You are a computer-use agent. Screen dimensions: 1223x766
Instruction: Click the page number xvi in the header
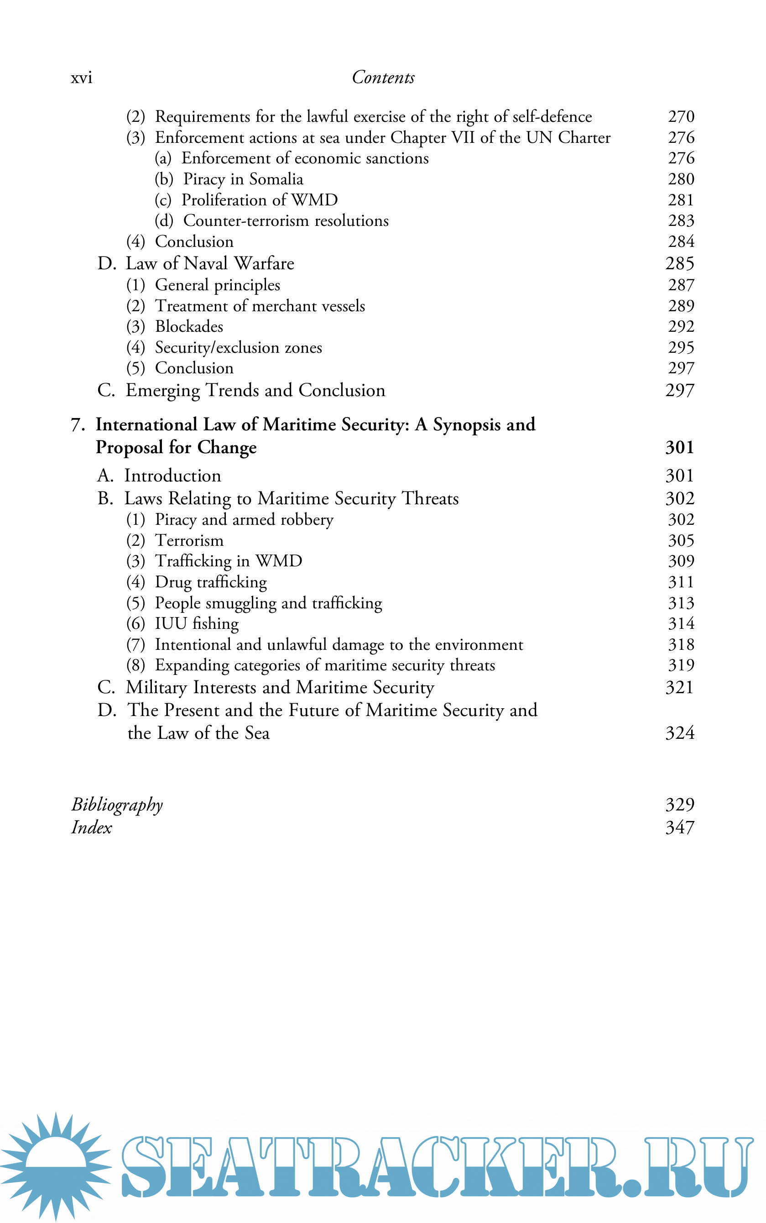tap(81, 78)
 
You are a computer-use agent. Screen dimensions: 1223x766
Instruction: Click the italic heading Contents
tap(383, 78)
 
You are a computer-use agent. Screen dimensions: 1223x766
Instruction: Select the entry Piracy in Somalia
tap(243, 179)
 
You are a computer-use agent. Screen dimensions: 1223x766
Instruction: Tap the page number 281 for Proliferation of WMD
tap(680, 200)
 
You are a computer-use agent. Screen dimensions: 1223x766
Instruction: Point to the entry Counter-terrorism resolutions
tap(286, 221)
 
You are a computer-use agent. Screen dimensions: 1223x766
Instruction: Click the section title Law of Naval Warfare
tap(210, 263)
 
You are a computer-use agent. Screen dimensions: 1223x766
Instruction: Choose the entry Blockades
tap(189, 327)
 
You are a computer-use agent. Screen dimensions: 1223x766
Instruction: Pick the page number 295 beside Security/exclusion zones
tap(680, 348)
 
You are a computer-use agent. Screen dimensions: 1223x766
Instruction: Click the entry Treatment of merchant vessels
tap(260, 306)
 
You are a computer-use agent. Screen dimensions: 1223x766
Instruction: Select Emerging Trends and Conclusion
tap(255, 391)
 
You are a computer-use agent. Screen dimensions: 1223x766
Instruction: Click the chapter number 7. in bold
tap(78, 425)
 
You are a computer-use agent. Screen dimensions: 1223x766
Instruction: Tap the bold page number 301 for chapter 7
tap(679, 447)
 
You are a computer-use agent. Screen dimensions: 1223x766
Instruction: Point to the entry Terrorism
tap(189, 541)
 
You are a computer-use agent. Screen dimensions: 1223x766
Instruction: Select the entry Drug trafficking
tap(211, 582)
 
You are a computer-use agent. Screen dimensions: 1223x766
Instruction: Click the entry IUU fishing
tap(197, 624)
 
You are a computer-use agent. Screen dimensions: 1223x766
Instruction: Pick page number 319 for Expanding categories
tap(680, 665)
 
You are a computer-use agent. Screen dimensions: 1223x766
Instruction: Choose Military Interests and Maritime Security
tap(280, 688)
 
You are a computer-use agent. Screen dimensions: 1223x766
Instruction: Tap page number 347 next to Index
tap(679, 827)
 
